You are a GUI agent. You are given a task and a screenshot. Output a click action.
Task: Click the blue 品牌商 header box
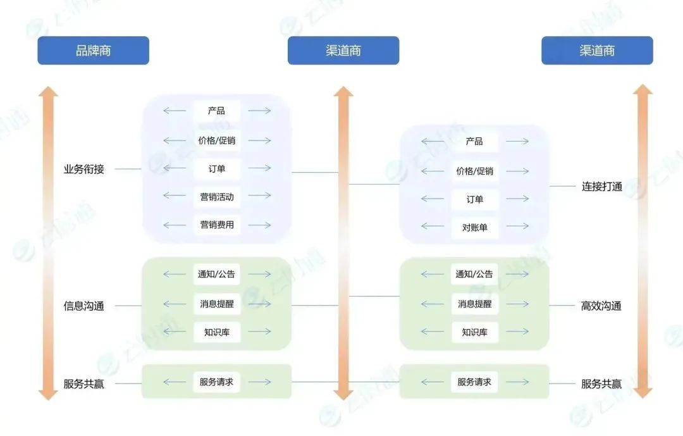[93, 51]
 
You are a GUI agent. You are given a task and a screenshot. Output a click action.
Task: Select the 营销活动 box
[217, 197]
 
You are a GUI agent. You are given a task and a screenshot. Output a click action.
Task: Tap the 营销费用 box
[217, 225]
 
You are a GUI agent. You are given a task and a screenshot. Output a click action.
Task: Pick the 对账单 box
[475, 227]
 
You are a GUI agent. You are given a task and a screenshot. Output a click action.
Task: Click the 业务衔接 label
[83, 169]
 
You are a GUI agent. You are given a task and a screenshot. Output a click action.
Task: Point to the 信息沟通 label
[83, 306]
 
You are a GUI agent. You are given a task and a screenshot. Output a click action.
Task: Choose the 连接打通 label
[602, 187]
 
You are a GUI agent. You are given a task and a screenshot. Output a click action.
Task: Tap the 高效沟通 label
[601, 306]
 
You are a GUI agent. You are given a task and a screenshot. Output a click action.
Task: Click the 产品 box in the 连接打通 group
[474, 141]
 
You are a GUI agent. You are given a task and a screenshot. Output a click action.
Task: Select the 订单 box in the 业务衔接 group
[217, 169]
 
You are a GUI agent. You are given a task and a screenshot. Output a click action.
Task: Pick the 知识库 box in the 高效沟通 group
[475, 332]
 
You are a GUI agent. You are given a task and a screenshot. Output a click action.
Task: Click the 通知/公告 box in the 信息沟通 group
[216, 274]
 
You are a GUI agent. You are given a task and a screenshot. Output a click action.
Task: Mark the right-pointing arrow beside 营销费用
[260, 225]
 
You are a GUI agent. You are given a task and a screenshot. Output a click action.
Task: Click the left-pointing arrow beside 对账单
[433, 227]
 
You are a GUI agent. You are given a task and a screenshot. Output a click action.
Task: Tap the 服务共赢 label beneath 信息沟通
[83, 383]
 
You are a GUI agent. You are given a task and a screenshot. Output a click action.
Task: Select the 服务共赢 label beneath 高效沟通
[601, 383]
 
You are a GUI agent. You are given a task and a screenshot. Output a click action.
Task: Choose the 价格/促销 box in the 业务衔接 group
[217, 140]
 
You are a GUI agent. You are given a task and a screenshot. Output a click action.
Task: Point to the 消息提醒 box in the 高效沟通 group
[475, 304]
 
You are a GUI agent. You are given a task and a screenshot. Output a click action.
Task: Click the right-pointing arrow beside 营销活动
[260, 196]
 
